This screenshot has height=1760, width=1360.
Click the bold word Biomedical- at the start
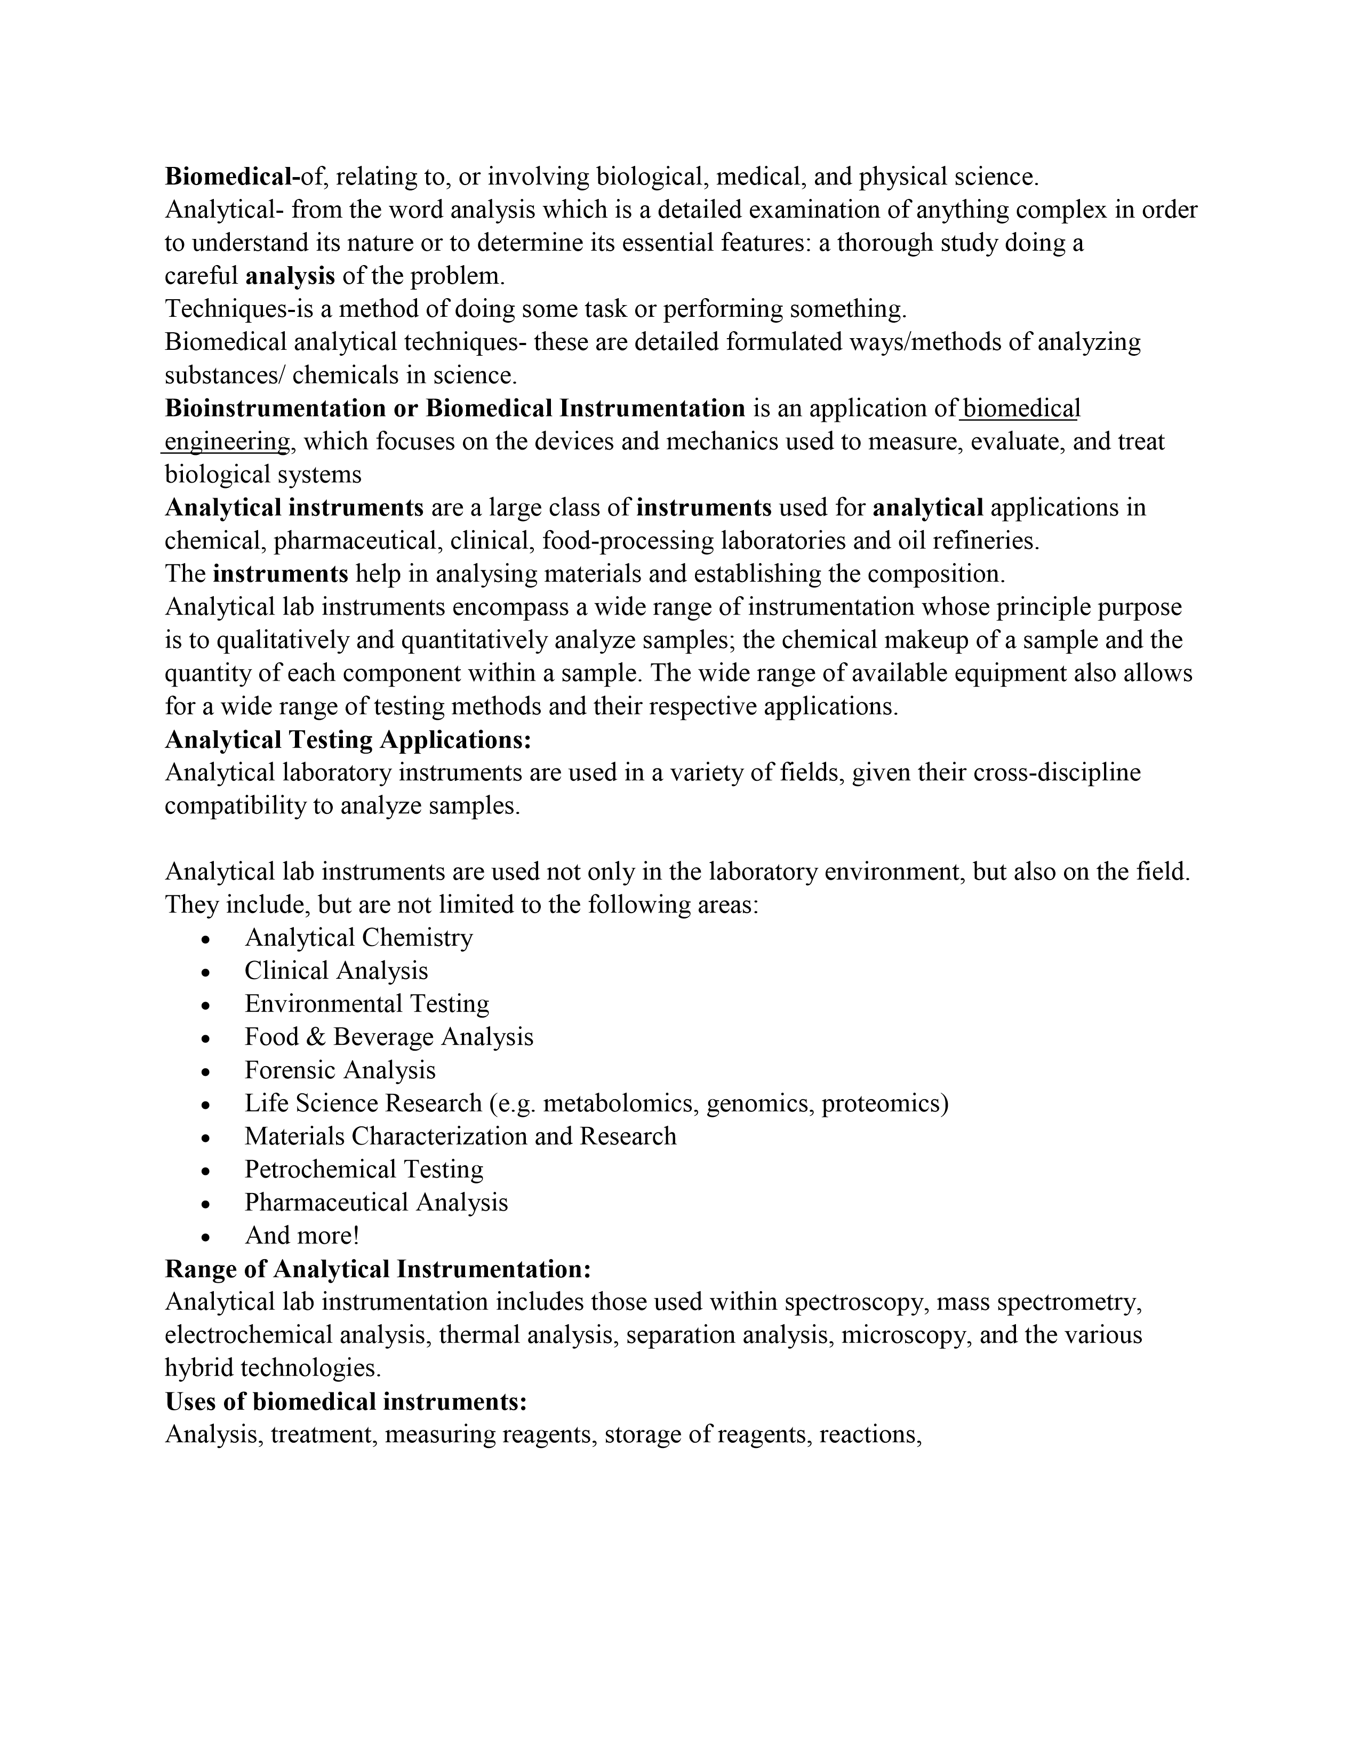232,177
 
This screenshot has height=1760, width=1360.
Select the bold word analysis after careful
290,276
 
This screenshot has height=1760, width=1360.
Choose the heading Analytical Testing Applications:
348,739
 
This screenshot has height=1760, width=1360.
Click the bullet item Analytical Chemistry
358,938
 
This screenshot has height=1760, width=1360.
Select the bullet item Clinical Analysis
336,971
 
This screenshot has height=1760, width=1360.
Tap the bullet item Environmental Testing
366,1004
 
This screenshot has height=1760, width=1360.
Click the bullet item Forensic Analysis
340,1070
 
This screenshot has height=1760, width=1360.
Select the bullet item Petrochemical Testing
364,1169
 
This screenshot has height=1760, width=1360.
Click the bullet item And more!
302,1235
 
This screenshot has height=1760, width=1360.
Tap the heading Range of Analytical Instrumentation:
378,1269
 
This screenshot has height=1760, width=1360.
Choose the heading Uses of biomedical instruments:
346,1402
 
